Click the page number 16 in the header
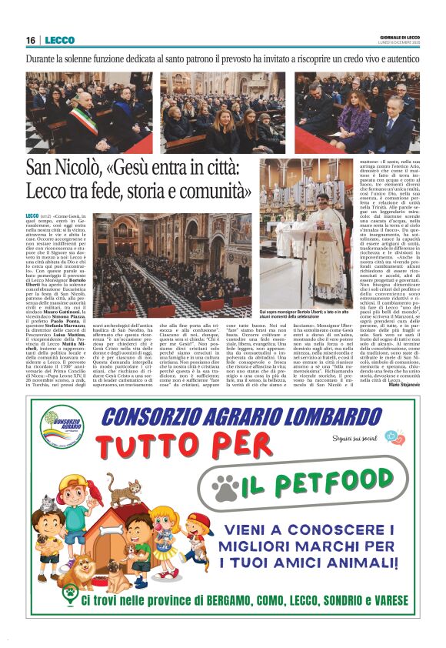pyautogui.click(x=31, y=40)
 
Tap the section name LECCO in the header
pyautogui.click(x=59, y=40)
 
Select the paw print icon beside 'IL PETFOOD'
pyautogui.click(x=225, y=488)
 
